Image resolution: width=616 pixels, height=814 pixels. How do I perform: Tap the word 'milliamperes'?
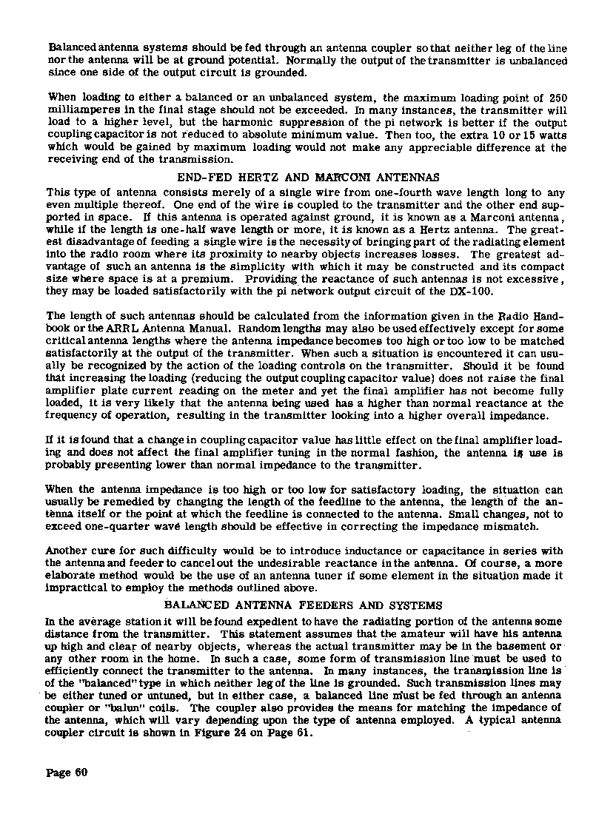(81, 110)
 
